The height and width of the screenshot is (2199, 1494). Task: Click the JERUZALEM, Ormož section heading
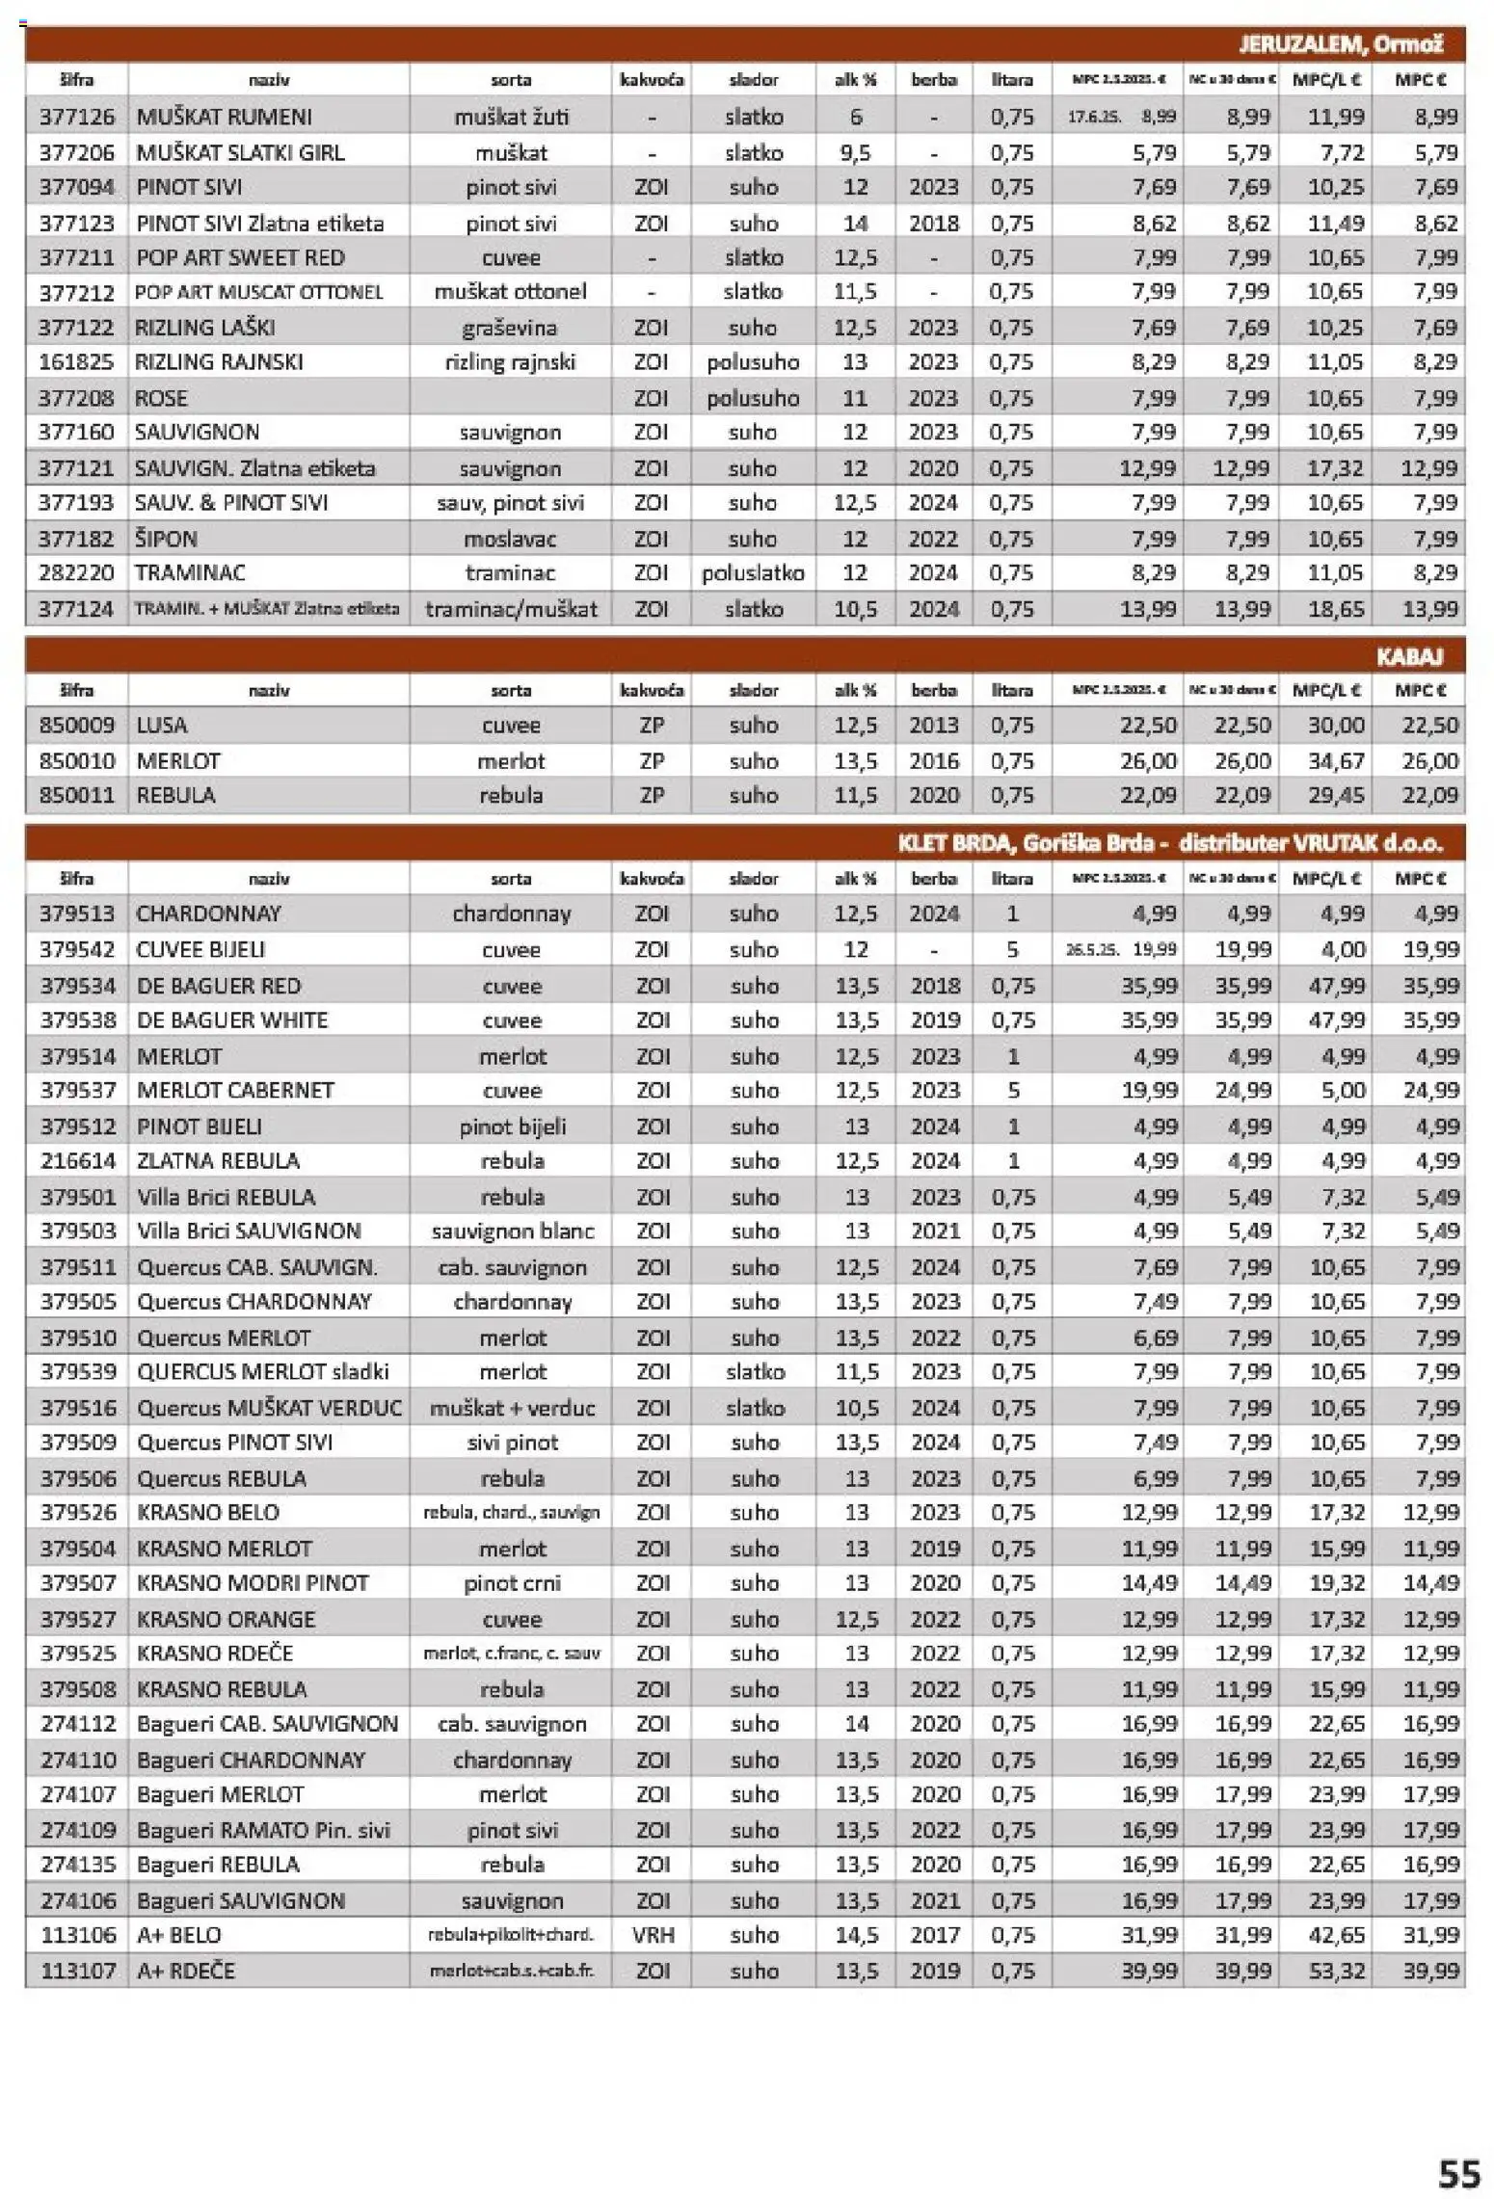point(1340,44)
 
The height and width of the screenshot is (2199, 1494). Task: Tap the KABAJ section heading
point(1408,656)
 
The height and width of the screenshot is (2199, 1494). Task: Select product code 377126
point(76,117)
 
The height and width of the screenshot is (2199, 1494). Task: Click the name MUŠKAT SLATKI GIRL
point(240,152)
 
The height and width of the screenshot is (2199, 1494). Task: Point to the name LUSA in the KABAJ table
point(162,725)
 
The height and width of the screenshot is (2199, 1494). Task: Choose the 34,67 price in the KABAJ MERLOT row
point(1335,760)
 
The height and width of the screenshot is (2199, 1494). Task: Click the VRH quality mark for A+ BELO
point(653,1934)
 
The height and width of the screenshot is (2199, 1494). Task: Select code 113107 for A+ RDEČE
point(77,1970)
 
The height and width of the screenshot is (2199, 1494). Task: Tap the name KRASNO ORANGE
point(226,1619)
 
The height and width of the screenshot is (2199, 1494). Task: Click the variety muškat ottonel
point(510,291)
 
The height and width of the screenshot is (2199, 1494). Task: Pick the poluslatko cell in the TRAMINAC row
point(752,572)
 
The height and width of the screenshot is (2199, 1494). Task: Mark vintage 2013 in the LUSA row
point(932,725)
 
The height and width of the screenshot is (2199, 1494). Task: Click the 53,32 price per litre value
point(1336,1970)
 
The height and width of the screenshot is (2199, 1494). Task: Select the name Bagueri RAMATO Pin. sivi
point(263,1829)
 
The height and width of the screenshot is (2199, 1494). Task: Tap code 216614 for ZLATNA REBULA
point(77,1160)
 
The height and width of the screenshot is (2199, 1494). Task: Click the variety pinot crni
point(512,1582)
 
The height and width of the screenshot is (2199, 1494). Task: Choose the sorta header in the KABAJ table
point(510,690)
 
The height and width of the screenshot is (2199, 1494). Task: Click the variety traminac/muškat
point(511,608)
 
